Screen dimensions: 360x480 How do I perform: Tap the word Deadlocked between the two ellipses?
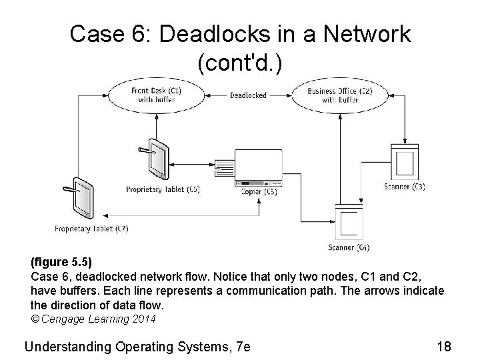click(x=248, y=95)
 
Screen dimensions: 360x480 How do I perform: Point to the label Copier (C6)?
click(x=259, y=192)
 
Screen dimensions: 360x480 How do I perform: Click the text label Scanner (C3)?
click(x=405, y=187)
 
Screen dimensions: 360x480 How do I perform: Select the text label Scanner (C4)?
click(x=349, y=248)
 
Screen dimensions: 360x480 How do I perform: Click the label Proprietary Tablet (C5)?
click(x=163, y=189)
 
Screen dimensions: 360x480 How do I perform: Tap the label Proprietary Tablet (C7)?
click(x=92, y=229)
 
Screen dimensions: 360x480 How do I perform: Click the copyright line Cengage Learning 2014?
click(x=93, y=319)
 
